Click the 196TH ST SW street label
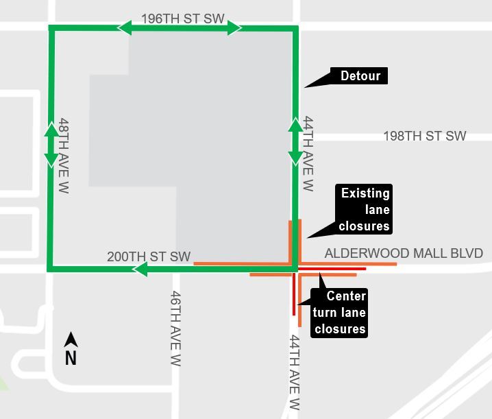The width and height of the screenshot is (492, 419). pyautogui.click(x=183, y=19)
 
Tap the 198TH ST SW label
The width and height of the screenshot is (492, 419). pyautogui.click(x=425, y=136)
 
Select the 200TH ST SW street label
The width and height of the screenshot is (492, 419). pyautogui.click(x=149, y=256)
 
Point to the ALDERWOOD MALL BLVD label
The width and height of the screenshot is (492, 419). pyautogui.click(x=404, y=254)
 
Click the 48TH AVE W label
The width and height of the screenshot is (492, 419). pyautogui.click(x=64, y=154)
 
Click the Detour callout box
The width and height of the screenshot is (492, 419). pyautogui.click(x=360, y=75)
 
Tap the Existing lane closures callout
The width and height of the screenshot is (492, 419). pyautogui.click(x=365, y=209)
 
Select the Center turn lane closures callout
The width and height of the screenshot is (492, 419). pyautogui.click(x=339, y=313)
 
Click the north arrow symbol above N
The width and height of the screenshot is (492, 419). pyautogui.click(x=71, y=339)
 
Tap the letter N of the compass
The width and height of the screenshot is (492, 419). pyautogui.click(x=71, y=358)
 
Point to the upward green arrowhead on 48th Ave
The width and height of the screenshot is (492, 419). pyautogui.click(x=51, y=129)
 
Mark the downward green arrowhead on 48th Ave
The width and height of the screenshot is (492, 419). pyautogui.click(x=51, y=160)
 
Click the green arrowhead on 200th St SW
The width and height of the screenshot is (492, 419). pyautogui.click(x=140, y=269)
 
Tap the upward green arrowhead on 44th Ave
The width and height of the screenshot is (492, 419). pyautogui.click(x=295, y=125)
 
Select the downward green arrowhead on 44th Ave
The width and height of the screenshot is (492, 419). pyautogui.click(x=295, y=158)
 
